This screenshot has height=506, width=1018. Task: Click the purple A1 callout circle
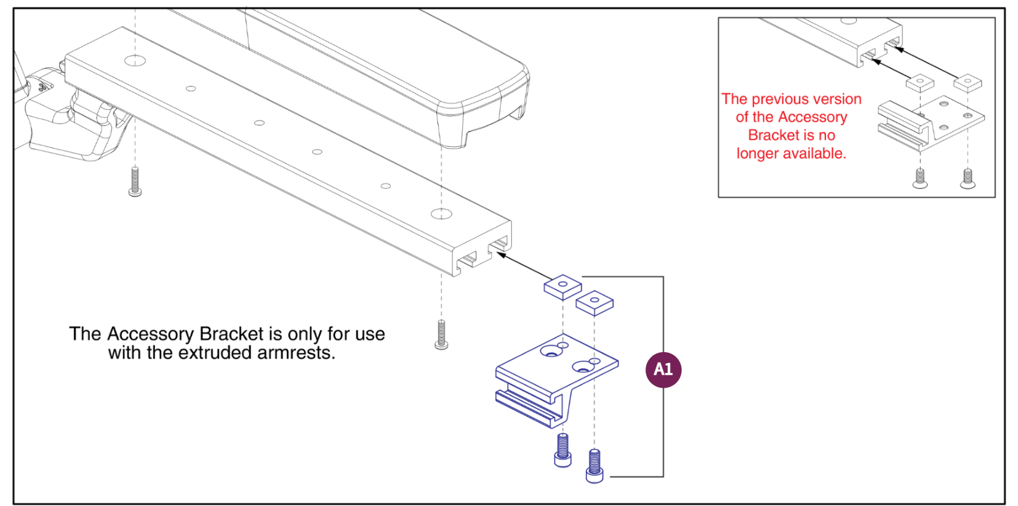(x=663, y=370)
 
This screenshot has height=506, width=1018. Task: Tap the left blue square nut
(x=562, y=286)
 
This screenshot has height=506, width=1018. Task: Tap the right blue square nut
(x=594, y=302)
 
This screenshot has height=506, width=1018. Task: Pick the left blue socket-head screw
(x=563, y=450)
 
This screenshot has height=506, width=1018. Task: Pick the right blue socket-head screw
(x=595, y=466)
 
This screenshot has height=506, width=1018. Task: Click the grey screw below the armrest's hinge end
(x=135, y=182)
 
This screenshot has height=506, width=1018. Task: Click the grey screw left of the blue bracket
(x=441, y=334)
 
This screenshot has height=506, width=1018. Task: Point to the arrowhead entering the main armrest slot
(x=500, y=254)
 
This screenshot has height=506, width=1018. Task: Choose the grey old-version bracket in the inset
(x=928, y=124)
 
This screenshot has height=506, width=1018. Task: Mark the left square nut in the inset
(x=920, y=82)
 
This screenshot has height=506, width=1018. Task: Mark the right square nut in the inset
(x=967, y=82)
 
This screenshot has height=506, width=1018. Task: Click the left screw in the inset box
(x=920, y=178)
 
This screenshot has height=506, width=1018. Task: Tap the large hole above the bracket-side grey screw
(x=441, y=214)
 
